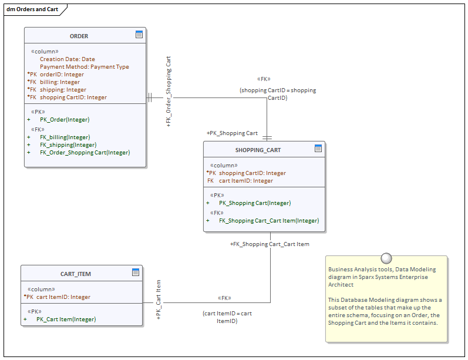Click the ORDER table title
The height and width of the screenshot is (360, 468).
click(x=79, y=36)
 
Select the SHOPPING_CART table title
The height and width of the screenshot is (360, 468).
click(x=258, y=150)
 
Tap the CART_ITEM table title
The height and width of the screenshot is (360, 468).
click(x=76, y=274)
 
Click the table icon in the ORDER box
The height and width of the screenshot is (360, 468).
click(x=139, y=35)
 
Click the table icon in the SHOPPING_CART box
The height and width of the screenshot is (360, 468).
click(x=318, y=149)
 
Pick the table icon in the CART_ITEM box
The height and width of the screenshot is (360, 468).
click(x=136, y=272)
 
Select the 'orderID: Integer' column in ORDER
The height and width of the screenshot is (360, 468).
click(x=62, y=75)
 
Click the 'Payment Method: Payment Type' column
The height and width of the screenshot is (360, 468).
click(x=84, y=67)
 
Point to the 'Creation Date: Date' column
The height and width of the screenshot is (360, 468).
click(x=67, y=59)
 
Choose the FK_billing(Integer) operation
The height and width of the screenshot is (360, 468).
click(x=65, y=137)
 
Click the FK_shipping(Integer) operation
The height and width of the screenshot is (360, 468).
click(x=68, y=144)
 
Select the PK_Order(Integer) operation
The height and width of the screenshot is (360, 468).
click(x=65, y=119)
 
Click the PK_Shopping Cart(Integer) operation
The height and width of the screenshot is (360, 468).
click(x=255, y=203)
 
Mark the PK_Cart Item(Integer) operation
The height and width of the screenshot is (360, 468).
click(x=66, y=319)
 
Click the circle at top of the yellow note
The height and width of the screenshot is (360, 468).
click(x=386, y=257)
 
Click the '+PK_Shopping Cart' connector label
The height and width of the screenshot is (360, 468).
click(x=232, y=133)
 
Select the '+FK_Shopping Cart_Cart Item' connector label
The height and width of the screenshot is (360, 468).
click(x=270, y=244)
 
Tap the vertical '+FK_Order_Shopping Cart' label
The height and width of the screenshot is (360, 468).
click(x=169, y=92)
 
